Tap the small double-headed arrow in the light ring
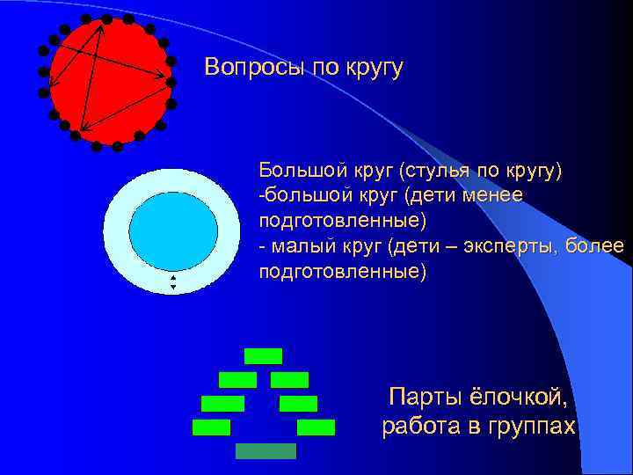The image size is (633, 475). point(173,282)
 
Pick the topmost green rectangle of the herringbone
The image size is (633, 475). point(263,356)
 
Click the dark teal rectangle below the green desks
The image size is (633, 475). point(266,450)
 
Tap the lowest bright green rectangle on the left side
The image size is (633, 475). point(211,427)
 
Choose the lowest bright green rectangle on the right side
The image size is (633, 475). point(316,427)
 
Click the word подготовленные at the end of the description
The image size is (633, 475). point(343,272)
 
